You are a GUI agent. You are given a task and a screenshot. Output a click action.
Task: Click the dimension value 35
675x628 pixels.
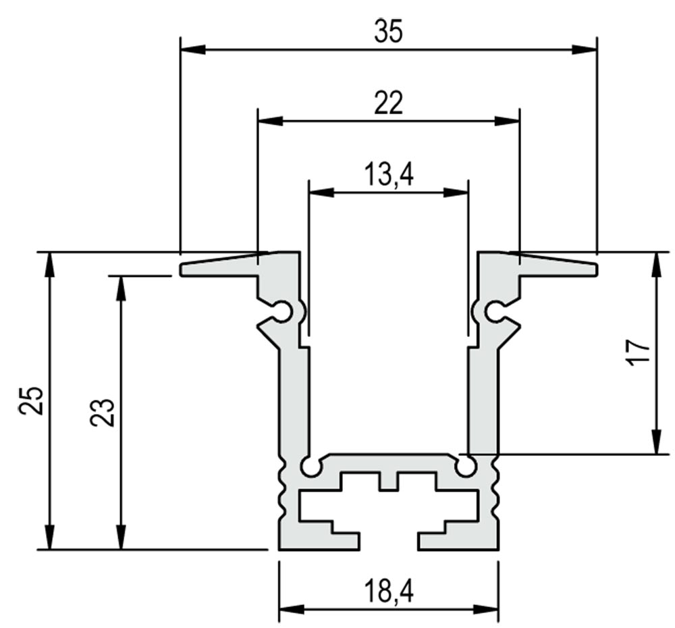tap(388, 32)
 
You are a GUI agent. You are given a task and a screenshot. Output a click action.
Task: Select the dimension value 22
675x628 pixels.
tap(388, 103)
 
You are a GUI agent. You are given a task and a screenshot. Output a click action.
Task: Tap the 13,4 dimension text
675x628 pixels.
tap(389, 175)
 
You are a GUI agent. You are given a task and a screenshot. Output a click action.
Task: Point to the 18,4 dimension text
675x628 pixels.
tap(389, 591)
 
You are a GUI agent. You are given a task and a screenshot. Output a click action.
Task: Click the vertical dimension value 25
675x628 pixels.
tap(31, 400)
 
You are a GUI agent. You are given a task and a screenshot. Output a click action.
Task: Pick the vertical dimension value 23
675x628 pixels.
tap(103, 413)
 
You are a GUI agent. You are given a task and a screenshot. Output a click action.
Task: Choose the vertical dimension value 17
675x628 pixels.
tap(638, 352)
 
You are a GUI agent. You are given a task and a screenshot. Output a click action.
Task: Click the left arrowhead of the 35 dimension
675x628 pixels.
tap(193, 49)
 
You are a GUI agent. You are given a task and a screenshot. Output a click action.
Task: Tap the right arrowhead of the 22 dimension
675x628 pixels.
tap(507, 121)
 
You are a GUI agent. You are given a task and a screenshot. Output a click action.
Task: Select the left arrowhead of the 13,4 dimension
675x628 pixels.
tap(322, 192)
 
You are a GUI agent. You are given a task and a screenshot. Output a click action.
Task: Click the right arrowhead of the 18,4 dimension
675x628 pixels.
tap(486, 609)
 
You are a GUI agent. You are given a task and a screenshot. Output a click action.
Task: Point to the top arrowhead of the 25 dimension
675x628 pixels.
tap(50, 264)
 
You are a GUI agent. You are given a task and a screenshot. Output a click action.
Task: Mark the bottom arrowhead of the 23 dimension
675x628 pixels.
tap(122, 537)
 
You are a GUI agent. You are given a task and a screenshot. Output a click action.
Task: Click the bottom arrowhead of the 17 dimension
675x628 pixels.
tap(656, 442)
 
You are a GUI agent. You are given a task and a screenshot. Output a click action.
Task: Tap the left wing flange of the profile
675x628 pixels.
tap(219, 267)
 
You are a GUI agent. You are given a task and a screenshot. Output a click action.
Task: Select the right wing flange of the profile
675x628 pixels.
tap(558, 267)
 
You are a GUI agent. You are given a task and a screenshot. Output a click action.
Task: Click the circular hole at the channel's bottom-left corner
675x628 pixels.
tap(310, 467)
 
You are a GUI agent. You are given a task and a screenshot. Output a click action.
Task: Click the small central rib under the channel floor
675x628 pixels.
tap(388, 481)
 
